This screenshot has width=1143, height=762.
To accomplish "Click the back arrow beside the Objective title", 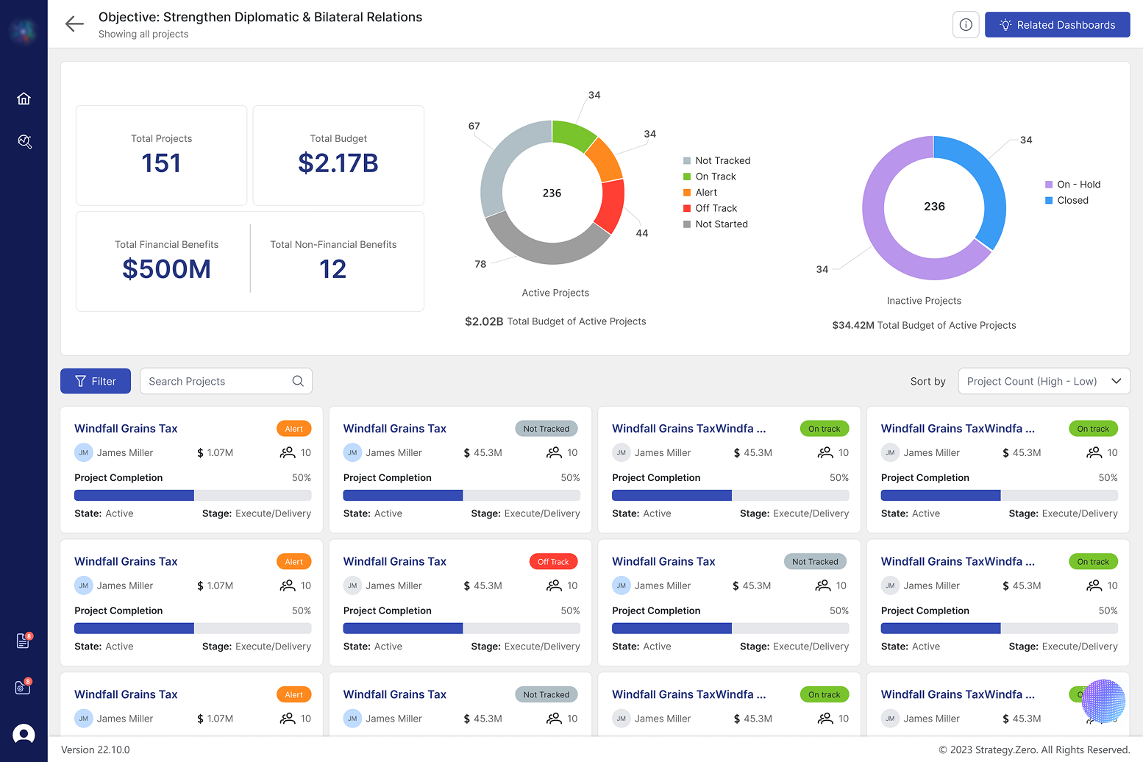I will (74, 24).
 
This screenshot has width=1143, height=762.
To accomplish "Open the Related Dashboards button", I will (1057, 25).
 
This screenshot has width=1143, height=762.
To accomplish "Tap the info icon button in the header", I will (966, 25).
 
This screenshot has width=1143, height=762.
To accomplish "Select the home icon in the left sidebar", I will (24, 99).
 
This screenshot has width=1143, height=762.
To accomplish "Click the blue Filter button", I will (96, 381).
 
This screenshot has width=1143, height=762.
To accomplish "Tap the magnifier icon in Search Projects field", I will (298, 381).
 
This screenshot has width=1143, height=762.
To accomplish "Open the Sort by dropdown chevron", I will (1116, 381).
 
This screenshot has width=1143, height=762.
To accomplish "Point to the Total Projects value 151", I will (161, 163).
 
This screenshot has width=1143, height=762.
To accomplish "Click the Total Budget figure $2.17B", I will (338, 163).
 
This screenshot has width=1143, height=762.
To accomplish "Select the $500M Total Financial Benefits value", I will (166, 269).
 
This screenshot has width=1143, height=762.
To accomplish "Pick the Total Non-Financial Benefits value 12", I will (332, 269).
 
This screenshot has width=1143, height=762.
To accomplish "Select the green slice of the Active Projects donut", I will (571, 134).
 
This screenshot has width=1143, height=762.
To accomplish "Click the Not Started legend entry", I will (721, 224).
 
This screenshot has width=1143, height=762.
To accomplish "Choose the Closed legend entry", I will (1072, 200).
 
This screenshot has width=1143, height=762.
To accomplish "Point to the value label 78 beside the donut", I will (480, 264).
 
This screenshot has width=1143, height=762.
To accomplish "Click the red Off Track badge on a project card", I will (553, 562).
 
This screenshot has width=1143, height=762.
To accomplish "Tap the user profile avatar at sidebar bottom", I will (24, 734).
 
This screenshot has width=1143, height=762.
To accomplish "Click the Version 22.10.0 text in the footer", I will (96, 749).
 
